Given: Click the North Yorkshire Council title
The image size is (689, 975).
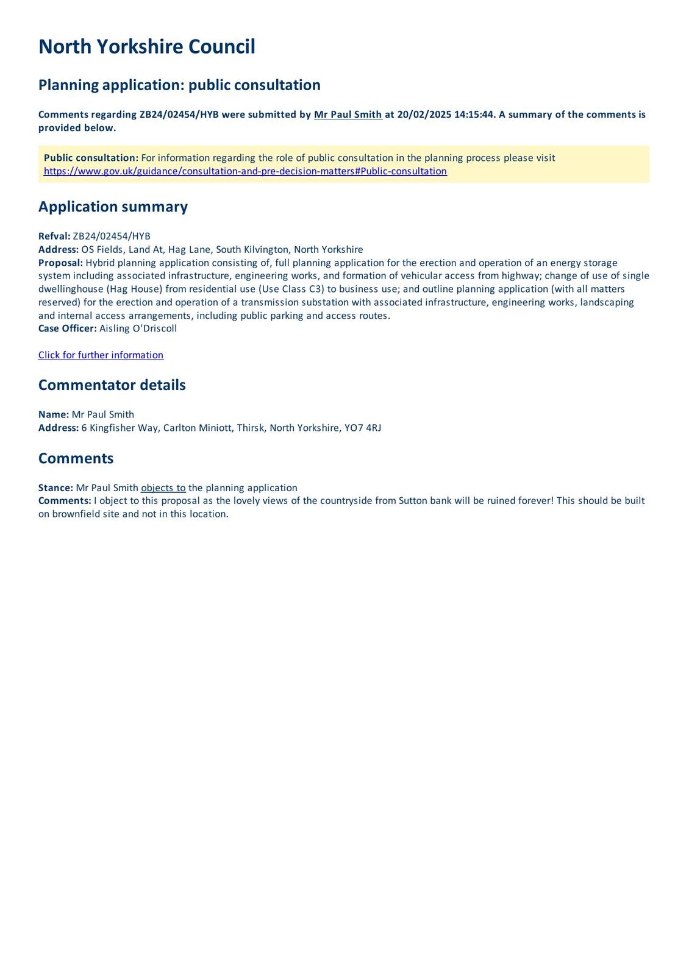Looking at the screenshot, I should (146, 47).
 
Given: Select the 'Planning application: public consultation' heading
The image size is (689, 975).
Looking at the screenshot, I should (179, 85).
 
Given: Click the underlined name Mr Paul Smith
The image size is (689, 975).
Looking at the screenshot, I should (348, 115).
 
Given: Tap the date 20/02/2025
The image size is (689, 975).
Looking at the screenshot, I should (424, 115).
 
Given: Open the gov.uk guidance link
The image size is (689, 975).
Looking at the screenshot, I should (245, 171).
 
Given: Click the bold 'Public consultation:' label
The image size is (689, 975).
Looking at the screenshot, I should (91, 158).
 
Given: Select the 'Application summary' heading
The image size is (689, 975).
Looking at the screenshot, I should (113, 207).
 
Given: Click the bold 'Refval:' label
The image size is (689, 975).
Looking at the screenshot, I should (54, 236).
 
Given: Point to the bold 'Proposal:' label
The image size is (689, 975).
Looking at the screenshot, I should (60, 263).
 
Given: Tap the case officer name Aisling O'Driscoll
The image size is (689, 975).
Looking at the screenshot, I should (138, 328).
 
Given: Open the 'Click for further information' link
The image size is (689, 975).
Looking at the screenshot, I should (101, 355).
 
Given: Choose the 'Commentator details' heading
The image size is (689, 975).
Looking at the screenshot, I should (112, 385).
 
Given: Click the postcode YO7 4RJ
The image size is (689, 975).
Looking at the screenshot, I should (363, 428).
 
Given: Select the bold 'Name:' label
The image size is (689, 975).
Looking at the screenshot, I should (54, 414).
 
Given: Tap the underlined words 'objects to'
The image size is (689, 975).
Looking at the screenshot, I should (163, 488).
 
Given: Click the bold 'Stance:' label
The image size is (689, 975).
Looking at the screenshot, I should (55, 488).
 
